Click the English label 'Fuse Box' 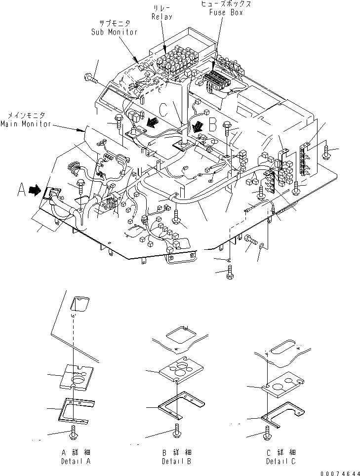point(226,12)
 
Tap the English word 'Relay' point(162,17)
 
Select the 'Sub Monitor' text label point(115,32)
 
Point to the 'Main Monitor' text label point(26,124)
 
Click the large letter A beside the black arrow point(21,190)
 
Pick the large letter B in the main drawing point(213,124)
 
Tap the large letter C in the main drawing point(163,110)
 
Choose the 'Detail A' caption point(76,457)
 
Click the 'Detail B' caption point(177,457)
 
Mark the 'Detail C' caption point(281,457)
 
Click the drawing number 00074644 point(340,473)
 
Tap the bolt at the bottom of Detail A point(74,433)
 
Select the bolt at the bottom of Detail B point(176,432)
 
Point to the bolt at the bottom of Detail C point(267,432)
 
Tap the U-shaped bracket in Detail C point(283,415)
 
